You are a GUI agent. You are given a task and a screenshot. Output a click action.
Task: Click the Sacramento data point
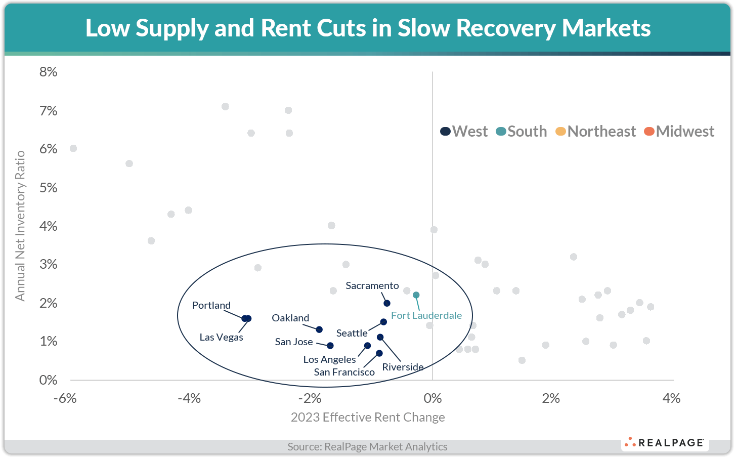point(387,303)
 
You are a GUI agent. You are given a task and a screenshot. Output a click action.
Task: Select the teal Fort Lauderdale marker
point(416,295)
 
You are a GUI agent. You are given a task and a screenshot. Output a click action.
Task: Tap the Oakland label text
point(290,318)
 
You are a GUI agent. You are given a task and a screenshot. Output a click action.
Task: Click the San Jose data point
point(330,346)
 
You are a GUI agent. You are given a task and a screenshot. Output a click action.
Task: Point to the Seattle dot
point(383,322)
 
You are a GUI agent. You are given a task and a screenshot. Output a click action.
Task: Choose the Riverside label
point(403,367)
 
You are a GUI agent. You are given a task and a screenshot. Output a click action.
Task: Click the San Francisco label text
point(344,372)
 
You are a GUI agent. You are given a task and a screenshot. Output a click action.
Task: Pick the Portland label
point(211,305)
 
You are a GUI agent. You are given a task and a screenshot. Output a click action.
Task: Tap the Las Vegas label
point(221,337)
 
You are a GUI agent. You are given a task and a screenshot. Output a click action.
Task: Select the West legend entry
point(464,132)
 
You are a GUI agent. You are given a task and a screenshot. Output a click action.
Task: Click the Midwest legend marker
point(649,132)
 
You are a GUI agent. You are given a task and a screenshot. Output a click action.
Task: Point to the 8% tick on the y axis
point(49,72)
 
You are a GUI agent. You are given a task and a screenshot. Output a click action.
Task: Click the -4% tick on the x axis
point(189,398)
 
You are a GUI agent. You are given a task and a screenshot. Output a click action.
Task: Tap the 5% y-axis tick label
point(49,188)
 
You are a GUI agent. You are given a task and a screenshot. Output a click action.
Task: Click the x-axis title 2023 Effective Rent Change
point(368,417)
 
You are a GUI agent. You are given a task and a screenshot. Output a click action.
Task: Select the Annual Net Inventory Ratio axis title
point(20,225)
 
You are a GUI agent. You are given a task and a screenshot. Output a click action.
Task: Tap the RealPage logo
point(665,442)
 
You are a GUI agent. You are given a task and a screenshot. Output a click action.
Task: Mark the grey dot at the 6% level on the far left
point(73,148)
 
